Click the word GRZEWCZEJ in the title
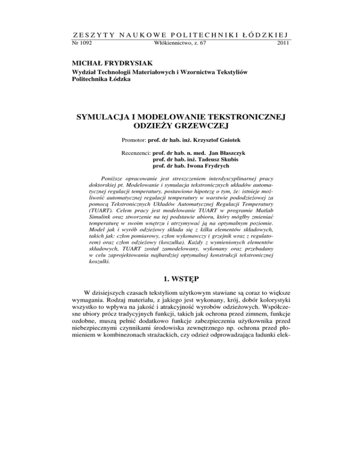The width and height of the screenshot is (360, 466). pyautogui.click(x=203, y=127)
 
